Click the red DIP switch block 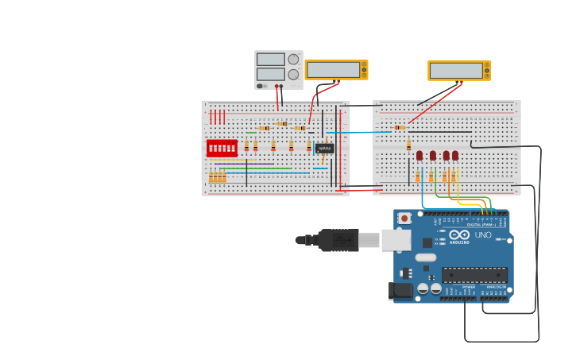(222, 148)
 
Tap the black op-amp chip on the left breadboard (324, 148)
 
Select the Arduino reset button (404, 218)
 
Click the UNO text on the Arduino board (482, 235)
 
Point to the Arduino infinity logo (459, 234)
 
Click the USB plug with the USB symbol (338, 239)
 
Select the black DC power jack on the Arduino (402, 290)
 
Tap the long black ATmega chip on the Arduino (474, 275)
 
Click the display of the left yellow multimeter (333, 70)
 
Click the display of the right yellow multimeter (456, 71)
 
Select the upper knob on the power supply (293, 60)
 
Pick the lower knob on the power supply (293, 75)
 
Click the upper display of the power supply (270, 60)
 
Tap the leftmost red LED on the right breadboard (419, 156)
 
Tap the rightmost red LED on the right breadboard (455, 156)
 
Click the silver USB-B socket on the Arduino (395, 239)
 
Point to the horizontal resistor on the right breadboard (399, 127)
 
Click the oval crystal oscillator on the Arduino (426, 257)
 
